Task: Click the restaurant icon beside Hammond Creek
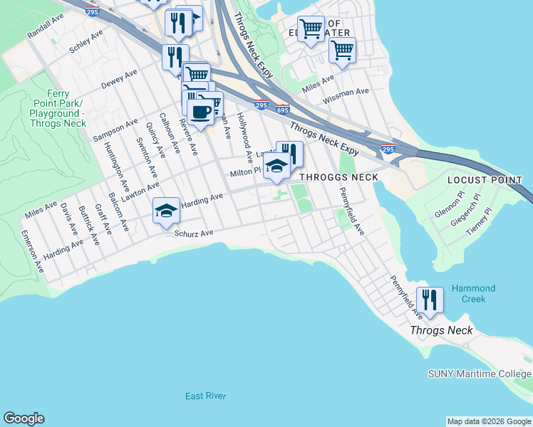(x=430, y=299)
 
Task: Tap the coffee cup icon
(x=200, y=112)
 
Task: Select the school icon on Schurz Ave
(x=166, y=211)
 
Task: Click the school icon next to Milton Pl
(x=276, y=167)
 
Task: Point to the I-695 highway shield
(x=283, y=109)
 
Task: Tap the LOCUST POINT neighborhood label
(x=485, y=180)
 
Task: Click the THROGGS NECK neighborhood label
(x=338, y=176)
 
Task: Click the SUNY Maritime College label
(x=479, y=374)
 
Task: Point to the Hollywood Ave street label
(x=244, y=135)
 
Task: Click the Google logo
(x=24, y=418)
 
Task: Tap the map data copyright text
(x=489, y=421)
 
